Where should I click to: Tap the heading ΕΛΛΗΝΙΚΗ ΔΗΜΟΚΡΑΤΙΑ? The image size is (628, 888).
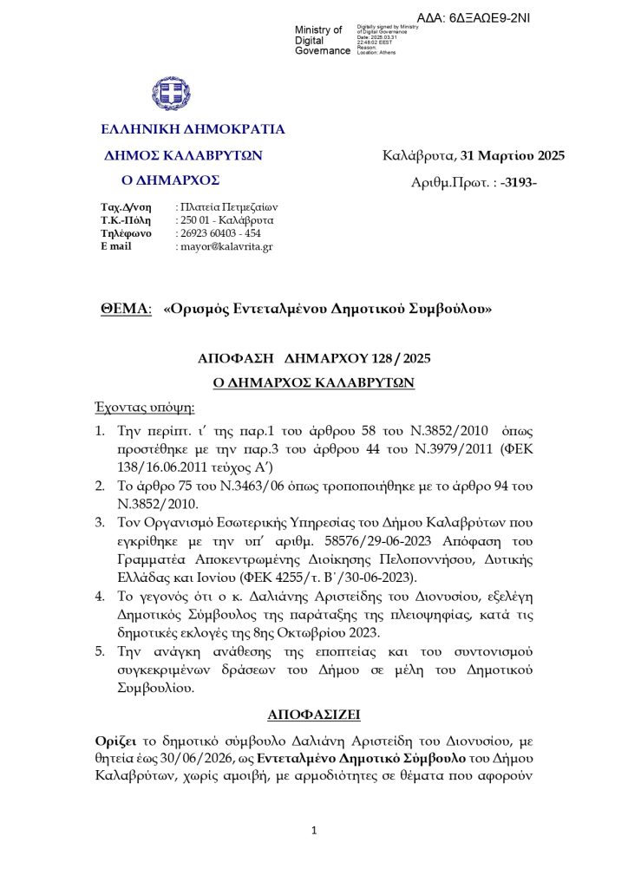pos(193,130)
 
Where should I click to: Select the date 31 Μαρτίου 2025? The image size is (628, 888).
pos(513,156)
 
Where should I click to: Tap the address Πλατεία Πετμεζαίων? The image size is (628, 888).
pos(227,207)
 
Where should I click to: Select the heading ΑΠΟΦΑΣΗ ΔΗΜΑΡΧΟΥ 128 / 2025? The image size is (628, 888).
pos(315,358)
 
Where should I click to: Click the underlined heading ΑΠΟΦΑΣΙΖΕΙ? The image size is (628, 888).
pos(314,715)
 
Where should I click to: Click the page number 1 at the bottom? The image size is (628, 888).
pos(315,831)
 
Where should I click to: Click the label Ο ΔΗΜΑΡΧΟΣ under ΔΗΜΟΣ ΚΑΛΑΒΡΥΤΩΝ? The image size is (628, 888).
pos(169,180)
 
